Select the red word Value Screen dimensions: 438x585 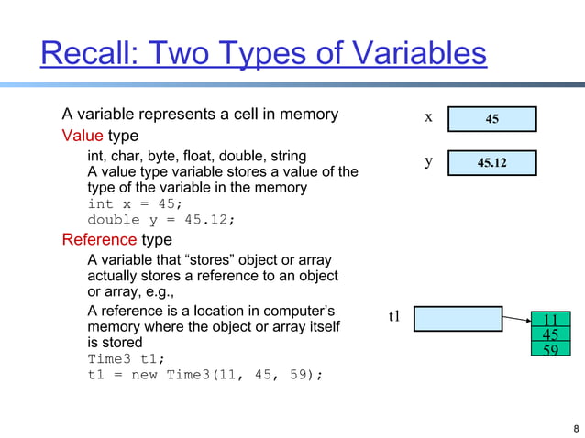(x=83, y=137)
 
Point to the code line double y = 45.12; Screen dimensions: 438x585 (x=161, y=220)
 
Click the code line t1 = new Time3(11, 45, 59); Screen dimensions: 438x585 (x=205, y=375)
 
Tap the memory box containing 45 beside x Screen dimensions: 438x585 (x=492, y=119)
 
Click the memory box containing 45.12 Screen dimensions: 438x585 (x=492, y=163)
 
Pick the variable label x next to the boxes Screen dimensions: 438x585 (x=428, y=118)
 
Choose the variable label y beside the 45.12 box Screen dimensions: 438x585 (x=428, y=161)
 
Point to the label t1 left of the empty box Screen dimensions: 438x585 (x=395, y=317)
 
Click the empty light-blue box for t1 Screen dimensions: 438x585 (x=458, y=318)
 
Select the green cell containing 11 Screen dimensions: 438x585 (x=551, y=320)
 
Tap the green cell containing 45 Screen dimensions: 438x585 (x=551, y=334)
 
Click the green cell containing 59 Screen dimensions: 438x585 (x=551, y=348)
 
